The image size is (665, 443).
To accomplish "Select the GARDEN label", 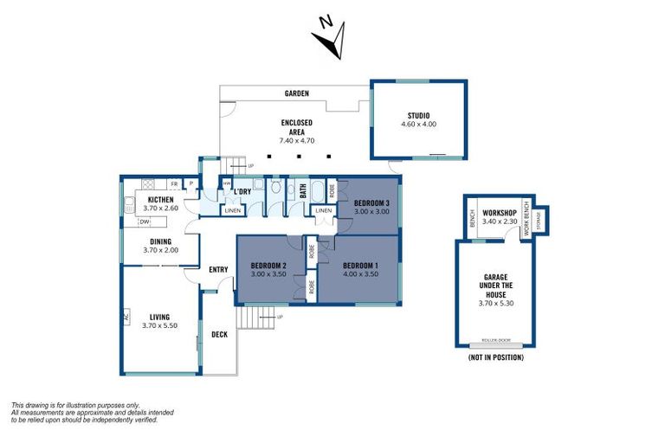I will (297, 93).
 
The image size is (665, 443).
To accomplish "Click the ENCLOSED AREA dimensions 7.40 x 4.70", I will (297, 140).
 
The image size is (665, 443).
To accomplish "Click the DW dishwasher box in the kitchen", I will (145, 222).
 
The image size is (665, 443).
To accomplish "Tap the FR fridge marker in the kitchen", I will (174, 184).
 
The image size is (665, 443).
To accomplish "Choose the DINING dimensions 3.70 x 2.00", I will (160, 251).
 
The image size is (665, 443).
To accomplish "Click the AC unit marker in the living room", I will (126, 318).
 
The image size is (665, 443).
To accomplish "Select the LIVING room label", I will (159, 317).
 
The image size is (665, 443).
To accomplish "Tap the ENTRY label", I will (218, 269).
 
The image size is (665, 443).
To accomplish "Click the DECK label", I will (219, 334).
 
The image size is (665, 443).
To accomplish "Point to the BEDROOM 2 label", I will (268, 265).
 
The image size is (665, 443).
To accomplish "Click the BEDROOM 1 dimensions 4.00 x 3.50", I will (359, 274).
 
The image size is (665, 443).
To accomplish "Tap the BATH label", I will (303, 190).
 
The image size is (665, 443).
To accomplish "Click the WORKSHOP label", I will (499, 213).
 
